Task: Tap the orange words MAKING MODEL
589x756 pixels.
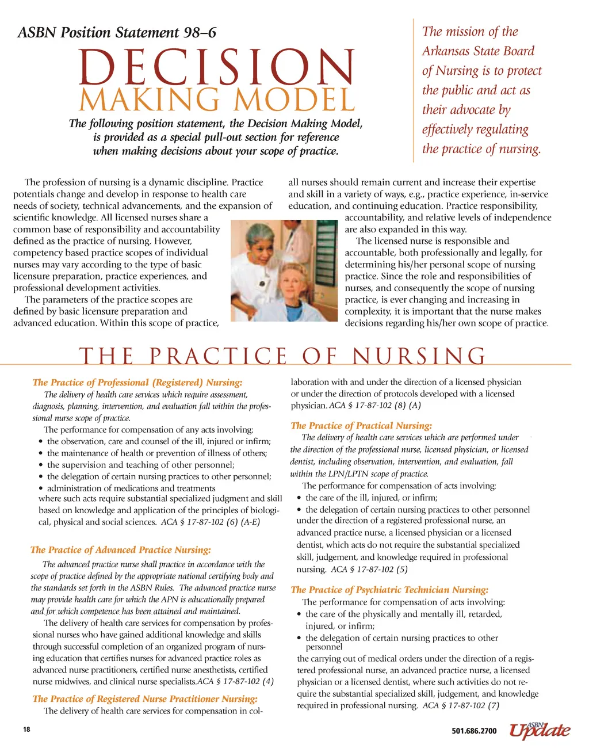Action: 217,100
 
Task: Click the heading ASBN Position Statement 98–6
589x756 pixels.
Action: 117,32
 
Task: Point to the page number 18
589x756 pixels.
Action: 26,730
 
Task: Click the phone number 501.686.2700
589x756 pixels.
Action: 474,731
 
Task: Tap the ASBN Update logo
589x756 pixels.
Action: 540,729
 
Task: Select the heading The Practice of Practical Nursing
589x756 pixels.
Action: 361,426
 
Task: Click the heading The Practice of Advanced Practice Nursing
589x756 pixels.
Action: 121,550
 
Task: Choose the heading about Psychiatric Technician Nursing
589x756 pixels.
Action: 389,590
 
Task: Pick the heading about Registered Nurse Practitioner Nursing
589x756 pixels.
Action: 144,698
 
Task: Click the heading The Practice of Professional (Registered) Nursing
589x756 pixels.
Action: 137,382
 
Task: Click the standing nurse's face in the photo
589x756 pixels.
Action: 257,242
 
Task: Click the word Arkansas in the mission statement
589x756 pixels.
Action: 449,51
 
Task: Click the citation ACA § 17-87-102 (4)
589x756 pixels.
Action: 235,682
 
